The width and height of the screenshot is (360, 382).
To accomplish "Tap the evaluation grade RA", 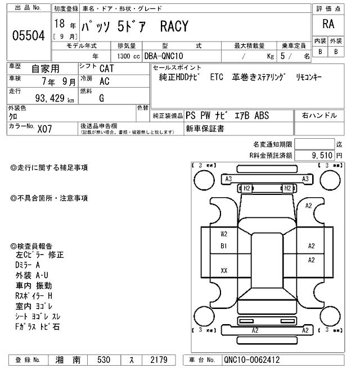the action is (x=328, y=24).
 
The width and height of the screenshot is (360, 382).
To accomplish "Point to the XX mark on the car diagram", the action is (x=224, y=270).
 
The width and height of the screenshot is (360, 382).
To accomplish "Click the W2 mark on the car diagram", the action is (x=224, y=234).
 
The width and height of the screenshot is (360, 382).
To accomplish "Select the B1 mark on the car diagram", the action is (x=224, y=245).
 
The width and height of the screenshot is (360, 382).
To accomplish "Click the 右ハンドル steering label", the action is (x=319, y=116).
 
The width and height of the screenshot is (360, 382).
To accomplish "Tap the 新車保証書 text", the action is (x=205, y=129).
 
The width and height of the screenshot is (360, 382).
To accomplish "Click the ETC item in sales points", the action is (x=217, y=78).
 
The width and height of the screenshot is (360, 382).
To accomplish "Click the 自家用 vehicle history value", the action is (x=45, y=69).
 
